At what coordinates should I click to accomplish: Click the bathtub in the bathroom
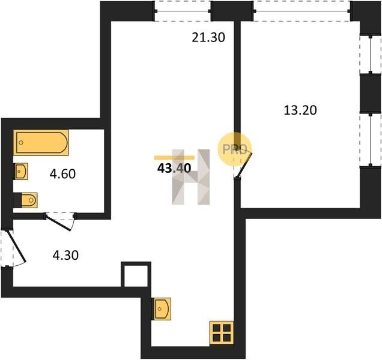point(41,142)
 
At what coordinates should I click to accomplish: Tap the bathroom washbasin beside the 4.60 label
point(22,172)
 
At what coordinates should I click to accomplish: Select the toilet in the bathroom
point(29,200)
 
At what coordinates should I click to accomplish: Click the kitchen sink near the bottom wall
point(162,308)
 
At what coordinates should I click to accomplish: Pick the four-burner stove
point(222,333)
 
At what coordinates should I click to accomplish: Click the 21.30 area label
point(208,38)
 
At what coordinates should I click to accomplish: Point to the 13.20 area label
point(300,110)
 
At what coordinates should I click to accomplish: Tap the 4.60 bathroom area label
point(62,174)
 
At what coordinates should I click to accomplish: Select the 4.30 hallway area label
point(65,256)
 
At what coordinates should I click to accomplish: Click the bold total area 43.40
point(174,168)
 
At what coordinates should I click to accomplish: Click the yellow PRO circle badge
point(234,149)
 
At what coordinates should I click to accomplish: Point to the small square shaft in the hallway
point(136,275)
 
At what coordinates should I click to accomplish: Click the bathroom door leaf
point(59,223)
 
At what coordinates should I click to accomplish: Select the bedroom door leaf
point(244,164)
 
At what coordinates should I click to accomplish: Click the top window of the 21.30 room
point(183,11)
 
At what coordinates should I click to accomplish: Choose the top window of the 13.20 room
point(302,11)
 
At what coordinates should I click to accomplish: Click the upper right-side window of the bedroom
point(371,55)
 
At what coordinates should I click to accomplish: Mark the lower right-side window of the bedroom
point(371,139)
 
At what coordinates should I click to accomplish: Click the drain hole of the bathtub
point(21,142)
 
